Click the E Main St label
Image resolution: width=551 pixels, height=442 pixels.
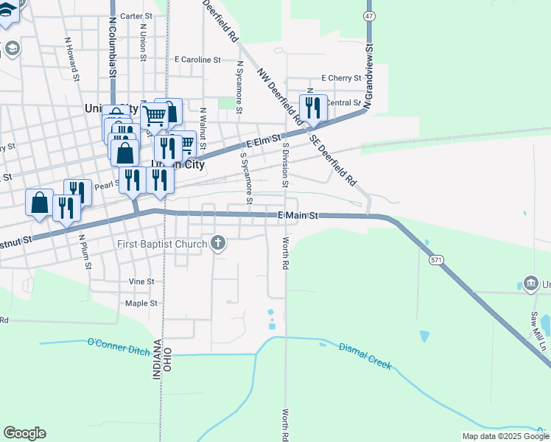298,216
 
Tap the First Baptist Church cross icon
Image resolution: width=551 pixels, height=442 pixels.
218,242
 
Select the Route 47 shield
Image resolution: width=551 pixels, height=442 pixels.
369,15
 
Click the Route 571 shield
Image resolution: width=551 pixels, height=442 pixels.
435,259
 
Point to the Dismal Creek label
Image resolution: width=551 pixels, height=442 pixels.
365,356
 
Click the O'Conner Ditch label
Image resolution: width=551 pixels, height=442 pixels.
118,343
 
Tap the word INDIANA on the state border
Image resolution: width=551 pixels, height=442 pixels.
157,359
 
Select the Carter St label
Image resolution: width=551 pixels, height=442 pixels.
136,15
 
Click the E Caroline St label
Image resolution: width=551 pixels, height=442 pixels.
197,60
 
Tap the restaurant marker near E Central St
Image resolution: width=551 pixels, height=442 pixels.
313,108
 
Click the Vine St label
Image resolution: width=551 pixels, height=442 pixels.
141,281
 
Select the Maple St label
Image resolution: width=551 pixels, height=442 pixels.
141,303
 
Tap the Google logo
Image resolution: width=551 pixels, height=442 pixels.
24,433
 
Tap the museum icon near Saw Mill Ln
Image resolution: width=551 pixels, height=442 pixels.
530,283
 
